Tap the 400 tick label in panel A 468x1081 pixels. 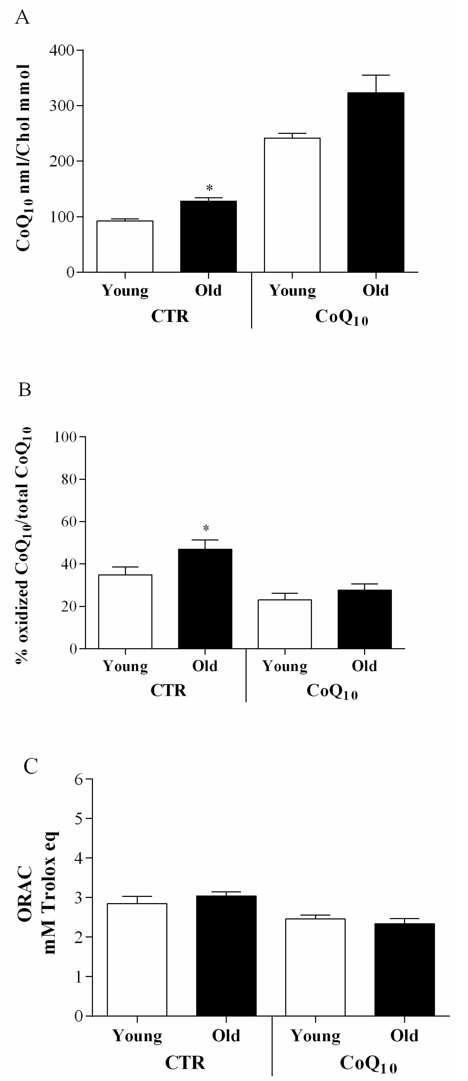61,50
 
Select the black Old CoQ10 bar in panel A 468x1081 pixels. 376,182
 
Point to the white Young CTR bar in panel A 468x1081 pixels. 125,246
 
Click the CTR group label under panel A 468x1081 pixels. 170,316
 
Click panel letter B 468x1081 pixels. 24,390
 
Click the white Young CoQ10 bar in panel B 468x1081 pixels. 284,624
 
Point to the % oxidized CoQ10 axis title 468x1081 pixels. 23,545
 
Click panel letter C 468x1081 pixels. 31,766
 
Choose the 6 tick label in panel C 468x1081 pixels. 78,780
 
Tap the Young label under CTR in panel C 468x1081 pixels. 137,1036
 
